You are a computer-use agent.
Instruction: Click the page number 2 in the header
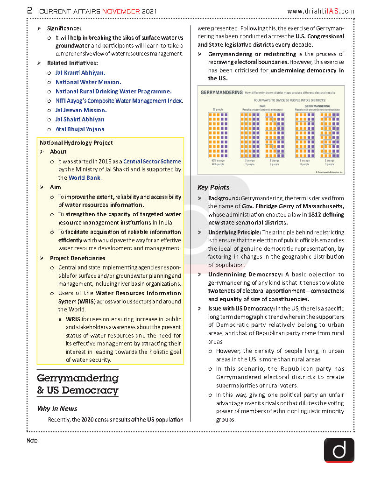click(x=29, y=10)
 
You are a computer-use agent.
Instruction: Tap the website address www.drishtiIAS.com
click(x=321, y=11)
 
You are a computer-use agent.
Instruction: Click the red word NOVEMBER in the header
click(x=121, y=11)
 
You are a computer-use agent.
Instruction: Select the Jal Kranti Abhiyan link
click(x=80, y=73)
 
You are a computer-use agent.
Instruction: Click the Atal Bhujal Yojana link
click(x=80, y=129)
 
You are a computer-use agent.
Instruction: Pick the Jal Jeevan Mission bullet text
click(x=81, y=110)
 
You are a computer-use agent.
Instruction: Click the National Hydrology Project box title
click(x=76, y=143)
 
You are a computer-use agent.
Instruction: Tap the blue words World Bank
click(x=85, y=178)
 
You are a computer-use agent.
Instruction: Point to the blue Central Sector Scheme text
click(x=152, y=162)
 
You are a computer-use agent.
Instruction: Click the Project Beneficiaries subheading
click(x=78, y=258)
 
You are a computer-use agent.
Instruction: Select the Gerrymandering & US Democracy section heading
click(x=78, y=384)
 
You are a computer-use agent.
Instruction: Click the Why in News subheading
click(x=57, y=408)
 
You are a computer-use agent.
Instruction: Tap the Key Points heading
click(x=213, y=187)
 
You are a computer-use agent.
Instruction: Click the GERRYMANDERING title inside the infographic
click(x=221, y=93)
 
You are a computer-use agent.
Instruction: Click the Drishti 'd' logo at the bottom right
click(x=339, y=450)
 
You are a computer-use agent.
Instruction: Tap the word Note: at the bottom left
click(x=33, y=441)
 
